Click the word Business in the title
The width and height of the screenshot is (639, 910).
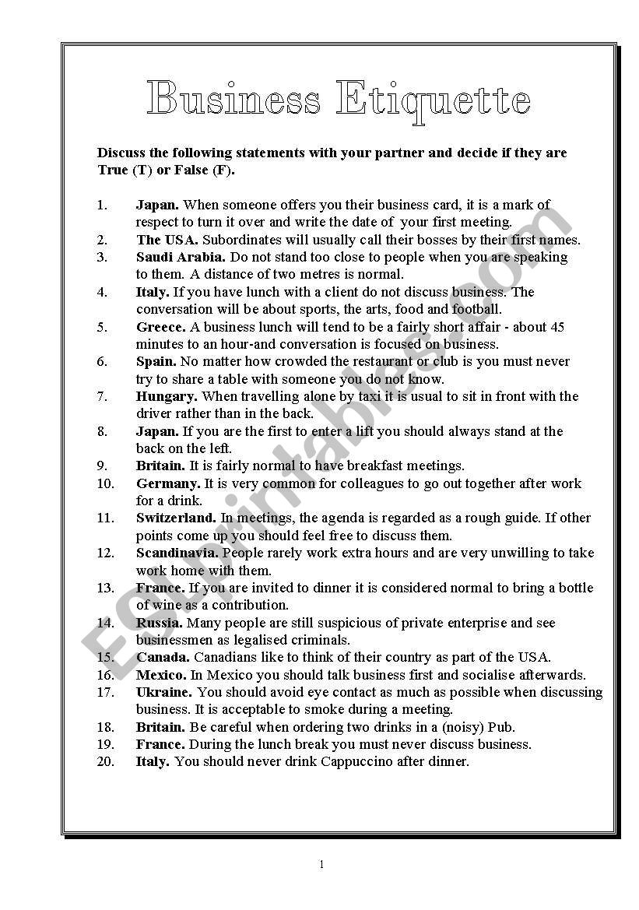point(233,100)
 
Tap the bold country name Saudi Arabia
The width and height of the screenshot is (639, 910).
point(181,257)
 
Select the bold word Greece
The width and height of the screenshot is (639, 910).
point(160,327)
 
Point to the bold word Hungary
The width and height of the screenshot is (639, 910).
point(167,396)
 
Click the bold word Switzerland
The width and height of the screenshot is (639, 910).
point(176,518)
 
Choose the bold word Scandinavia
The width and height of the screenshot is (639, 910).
point(177,553)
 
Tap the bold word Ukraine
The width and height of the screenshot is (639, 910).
point(164,692)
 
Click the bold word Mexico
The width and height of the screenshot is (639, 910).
point(161,675)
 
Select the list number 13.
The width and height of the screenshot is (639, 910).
point(106,588)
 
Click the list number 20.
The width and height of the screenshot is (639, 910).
point(106,761)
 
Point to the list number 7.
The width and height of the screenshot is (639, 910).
point(102,396)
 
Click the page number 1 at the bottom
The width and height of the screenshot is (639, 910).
point(321,865)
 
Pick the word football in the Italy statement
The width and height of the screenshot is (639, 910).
point(487,309)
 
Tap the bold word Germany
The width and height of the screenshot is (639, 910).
point(168,483)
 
